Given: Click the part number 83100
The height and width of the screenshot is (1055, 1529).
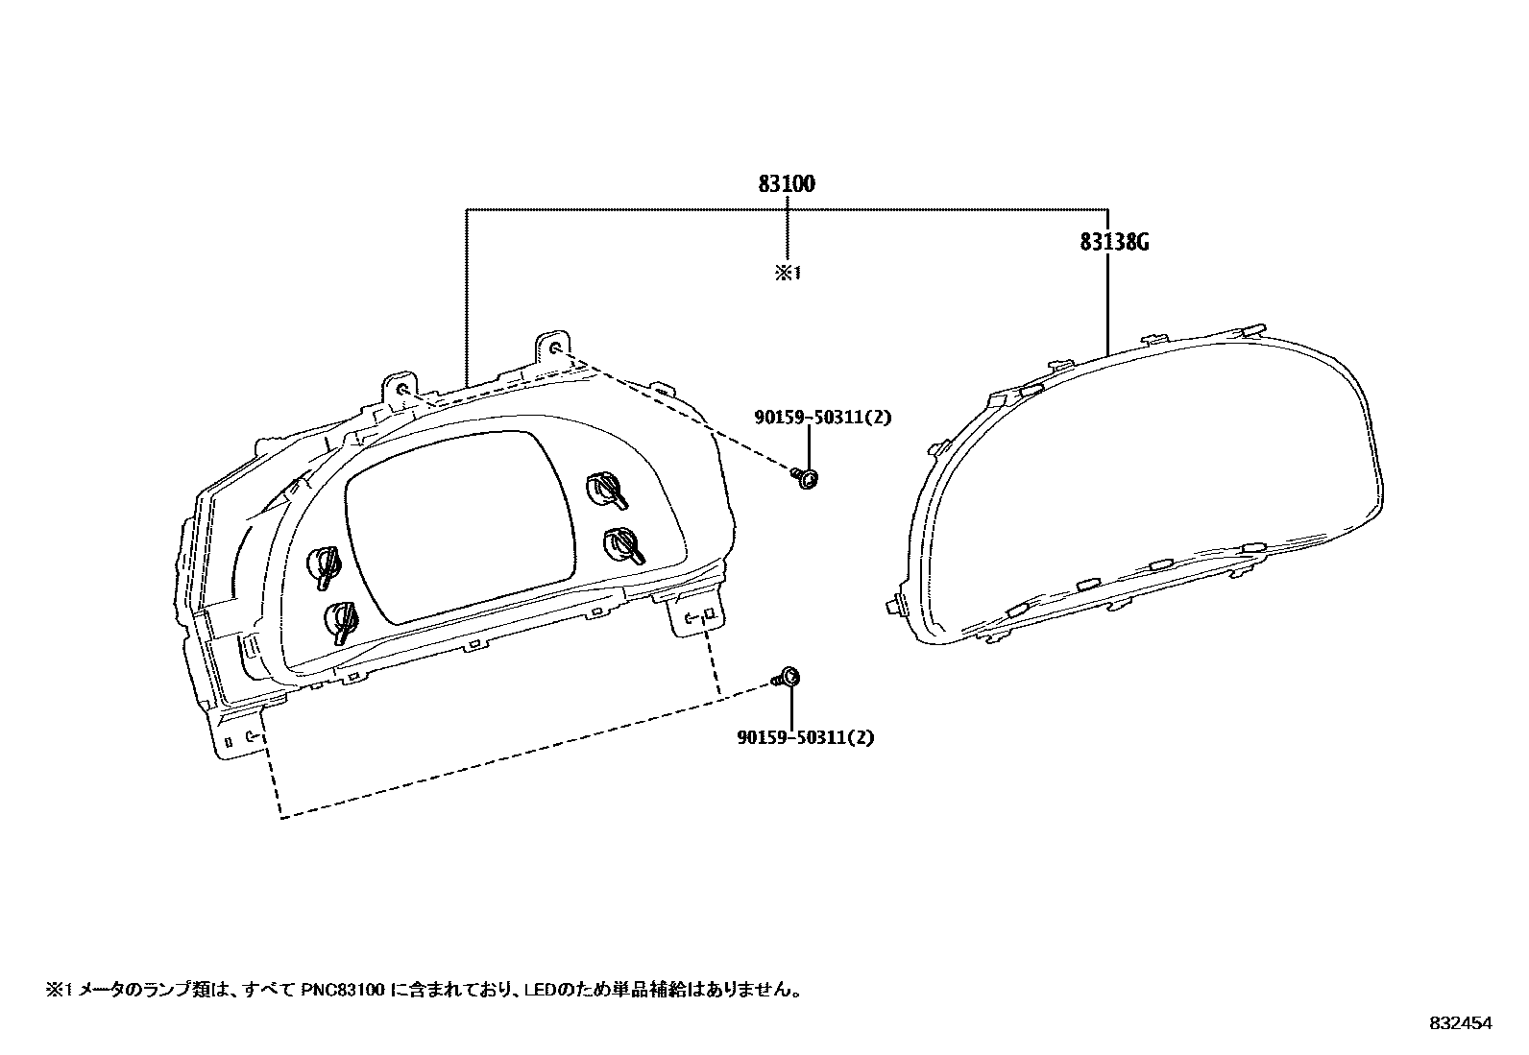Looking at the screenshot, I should coord(787,183).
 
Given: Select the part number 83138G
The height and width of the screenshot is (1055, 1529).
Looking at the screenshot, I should coord(1114,242).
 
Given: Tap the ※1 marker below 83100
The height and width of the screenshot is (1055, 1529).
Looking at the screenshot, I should coord(788,274).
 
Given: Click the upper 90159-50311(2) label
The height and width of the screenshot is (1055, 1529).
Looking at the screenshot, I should coord(823,416).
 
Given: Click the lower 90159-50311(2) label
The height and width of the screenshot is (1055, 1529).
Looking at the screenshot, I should coord(807,737).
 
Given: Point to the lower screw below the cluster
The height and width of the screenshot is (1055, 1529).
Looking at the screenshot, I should coord(787,678).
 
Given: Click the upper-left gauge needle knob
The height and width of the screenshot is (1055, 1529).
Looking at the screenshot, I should coord(324,565).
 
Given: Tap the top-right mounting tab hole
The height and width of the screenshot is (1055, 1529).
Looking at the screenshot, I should coord(555,347).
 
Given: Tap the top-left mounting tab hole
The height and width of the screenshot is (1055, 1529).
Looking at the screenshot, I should coord(401,389).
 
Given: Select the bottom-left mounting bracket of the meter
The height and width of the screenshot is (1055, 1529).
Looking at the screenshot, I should coord(238,733).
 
